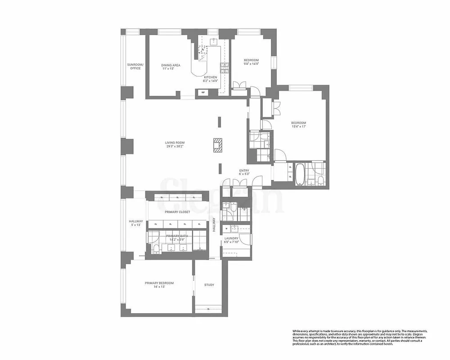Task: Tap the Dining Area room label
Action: coord(171,66)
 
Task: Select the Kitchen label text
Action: coord(210,77)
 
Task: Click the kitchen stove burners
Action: coord(224,67)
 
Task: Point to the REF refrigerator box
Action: coord(202,93)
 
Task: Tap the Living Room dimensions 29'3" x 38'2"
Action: coord(175,146)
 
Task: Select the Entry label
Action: coord(244,171)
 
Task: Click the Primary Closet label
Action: coord(177,212)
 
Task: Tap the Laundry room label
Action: coord(231,238)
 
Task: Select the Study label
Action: coord(209,285)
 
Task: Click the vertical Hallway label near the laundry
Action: coord(214,225)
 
